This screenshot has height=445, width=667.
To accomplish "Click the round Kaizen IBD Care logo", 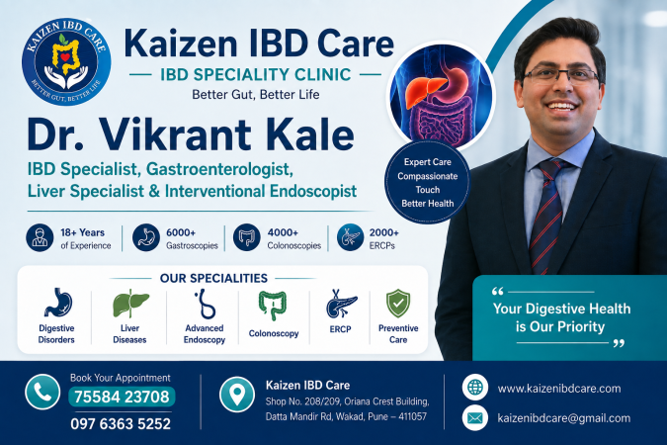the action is click(x=66, y=61).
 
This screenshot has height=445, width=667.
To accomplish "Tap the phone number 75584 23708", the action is click(x=122, y=397).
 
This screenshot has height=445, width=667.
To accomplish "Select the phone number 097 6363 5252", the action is click(x=121, y=423).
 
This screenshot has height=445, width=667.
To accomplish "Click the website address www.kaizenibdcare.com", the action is click(x=559, y=389).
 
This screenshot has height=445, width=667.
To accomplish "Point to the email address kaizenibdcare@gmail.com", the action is click(x=564, y=418).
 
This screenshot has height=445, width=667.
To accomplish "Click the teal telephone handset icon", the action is click(x=42, y=393).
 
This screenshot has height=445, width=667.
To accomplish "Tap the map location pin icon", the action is click(x=237, y=395).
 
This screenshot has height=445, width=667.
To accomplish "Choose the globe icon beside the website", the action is click(x=474, y=388).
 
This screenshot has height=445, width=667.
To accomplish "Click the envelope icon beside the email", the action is click(x=474, y=417).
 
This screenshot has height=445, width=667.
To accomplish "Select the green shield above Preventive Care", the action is click(x=398, y=304).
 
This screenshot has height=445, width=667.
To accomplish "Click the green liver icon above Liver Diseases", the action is click(x=130, y=304).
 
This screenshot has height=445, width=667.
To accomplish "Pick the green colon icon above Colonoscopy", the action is click(x=273, y=305).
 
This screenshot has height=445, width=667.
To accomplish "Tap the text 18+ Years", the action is click(x=83, y=232).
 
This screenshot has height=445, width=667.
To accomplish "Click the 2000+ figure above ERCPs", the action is click(x=384, y=232).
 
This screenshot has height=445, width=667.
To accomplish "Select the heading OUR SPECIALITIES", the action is click(x=213, y=278).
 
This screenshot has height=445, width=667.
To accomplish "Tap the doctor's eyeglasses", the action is click(x=561, y=75).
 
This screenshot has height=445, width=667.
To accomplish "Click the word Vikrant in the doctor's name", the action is click(x=174, y=134).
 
